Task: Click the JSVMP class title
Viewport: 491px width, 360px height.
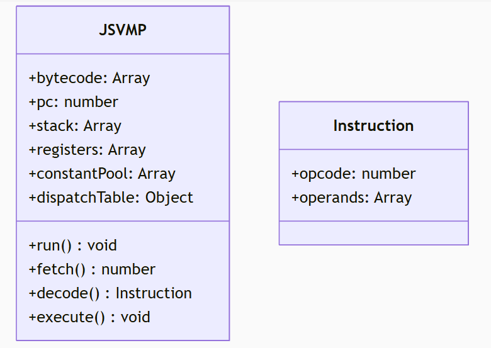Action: click(123, 30)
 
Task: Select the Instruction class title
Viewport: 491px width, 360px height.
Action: click(373, 126)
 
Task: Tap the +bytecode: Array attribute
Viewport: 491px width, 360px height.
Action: click(89, 78)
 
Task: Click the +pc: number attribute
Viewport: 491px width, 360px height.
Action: click(73, 102)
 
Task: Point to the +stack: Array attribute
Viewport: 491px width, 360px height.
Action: click(75, 126)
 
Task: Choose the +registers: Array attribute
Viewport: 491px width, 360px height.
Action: click(87, 150)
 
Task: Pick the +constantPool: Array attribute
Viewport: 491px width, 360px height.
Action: click(102, 174)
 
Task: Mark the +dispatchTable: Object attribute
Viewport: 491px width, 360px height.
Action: click(111, 198)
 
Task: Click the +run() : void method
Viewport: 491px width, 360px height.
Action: click(72, 245)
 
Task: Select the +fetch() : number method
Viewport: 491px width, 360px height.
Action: click(92, 269)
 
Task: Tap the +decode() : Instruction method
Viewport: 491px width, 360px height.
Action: click(110, 293)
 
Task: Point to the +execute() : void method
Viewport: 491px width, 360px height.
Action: click(89, 317)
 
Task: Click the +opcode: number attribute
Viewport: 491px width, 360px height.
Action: click(353, 174)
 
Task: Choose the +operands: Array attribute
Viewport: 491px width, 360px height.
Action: click(351, 198)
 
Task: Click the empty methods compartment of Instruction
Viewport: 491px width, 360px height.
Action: click(373, 233)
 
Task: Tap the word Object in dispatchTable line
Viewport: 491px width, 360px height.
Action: click(169, 198)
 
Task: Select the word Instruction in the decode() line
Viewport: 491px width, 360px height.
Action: click(154, 293)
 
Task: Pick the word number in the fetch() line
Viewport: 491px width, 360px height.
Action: click(128, 269)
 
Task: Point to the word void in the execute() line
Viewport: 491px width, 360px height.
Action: click(135, 317)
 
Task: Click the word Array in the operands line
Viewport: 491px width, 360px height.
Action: click(393, 198)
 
